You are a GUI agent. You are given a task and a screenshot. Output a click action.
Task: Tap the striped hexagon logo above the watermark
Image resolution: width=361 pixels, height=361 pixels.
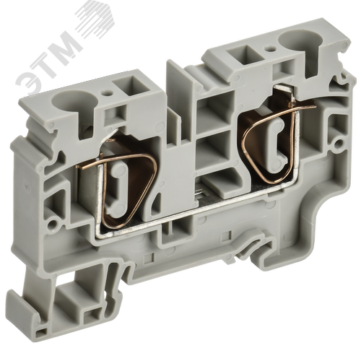click(x=95, y=22)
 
